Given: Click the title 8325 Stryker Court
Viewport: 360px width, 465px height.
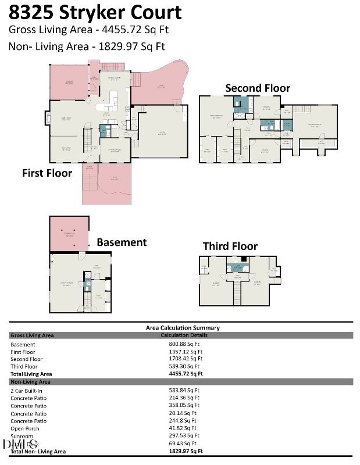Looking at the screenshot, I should click(x=95, y=13).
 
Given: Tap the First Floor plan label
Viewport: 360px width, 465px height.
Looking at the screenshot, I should click(x=47, y=173).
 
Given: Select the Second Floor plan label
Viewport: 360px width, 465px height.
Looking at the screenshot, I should click(x=258, y=88).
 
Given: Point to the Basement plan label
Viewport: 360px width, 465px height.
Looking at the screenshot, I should click(x=122, y=242).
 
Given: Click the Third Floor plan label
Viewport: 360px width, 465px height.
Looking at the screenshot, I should click(x=230, y=246).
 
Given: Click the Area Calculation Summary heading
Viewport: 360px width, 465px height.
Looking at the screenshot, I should click(x=183, y=328).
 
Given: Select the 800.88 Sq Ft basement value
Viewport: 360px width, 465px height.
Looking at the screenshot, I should click(x=186, y=344).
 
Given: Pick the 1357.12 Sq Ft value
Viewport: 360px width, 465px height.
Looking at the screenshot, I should click(x=186, y=352).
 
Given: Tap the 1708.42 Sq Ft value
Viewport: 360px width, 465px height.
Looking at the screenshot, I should click(x=186, y=359).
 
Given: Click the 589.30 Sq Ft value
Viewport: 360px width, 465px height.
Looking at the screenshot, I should click(x=186, y=367).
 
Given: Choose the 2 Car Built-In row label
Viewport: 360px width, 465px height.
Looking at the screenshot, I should click(x=26, y=390).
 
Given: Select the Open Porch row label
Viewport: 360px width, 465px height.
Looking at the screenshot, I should click(x=24, y=428).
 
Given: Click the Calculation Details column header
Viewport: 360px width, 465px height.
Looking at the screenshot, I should click(x=184, y=335).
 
